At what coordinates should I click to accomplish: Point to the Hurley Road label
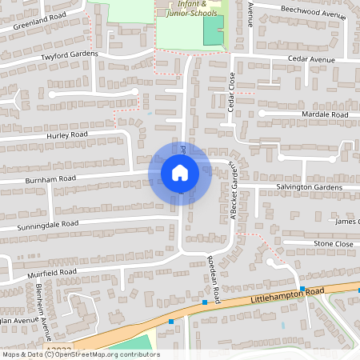(x=66, y=135)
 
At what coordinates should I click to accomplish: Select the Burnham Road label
(x=50, y=178)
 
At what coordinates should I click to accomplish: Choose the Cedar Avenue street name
(x=312, y=60)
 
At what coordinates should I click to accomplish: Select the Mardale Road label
(x=326, y=115)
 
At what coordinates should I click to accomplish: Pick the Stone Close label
(x=333, y=243)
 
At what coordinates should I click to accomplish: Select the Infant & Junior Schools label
(x=190, y=8)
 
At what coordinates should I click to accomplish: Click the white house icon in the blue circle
(x=180, y=172)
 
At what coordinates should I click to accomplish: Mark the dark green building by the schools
(x=212, y=30)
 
